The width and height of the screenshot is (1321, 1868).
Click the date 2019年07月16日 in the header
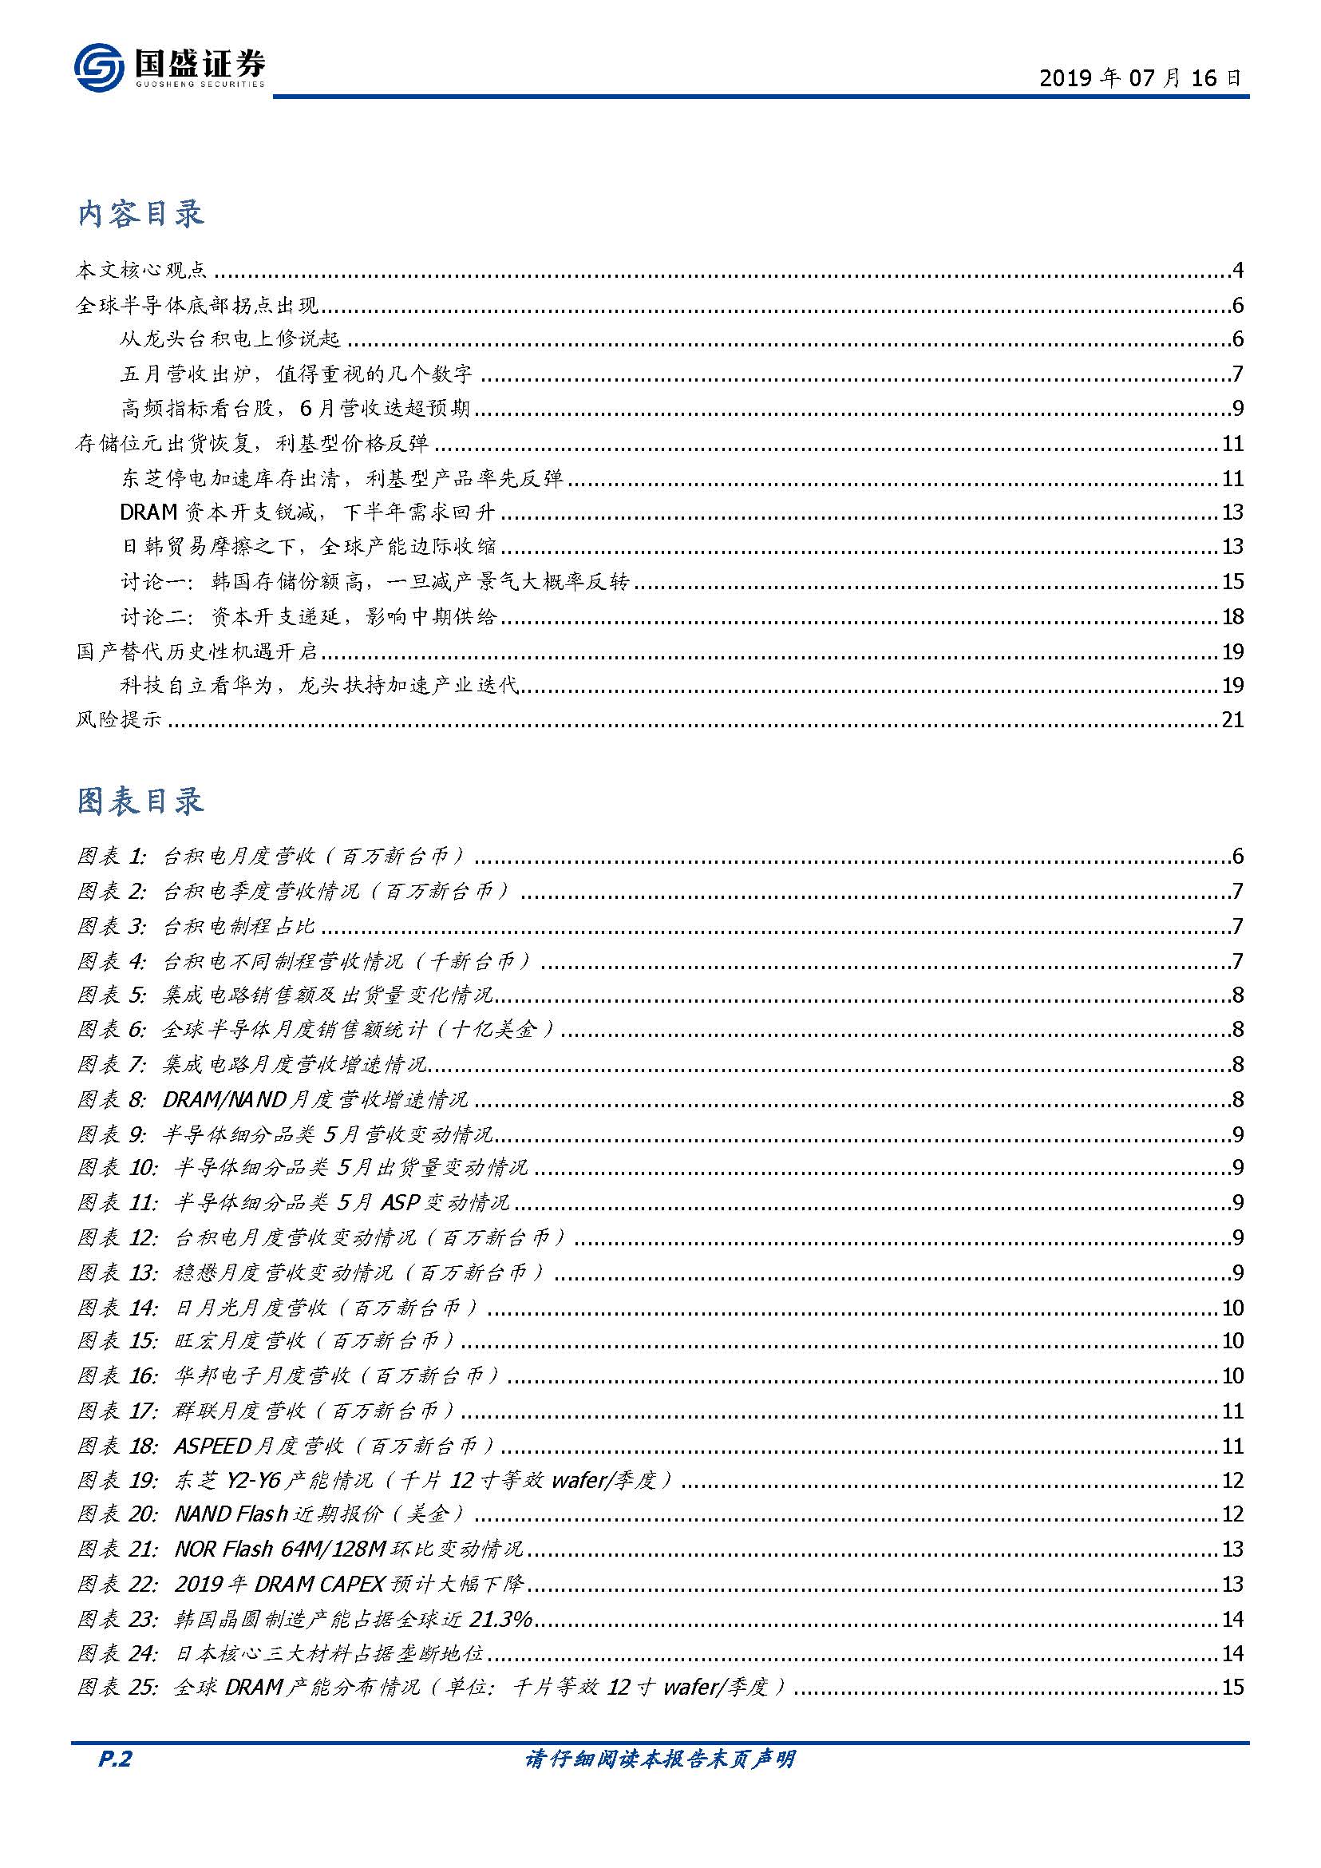1141,78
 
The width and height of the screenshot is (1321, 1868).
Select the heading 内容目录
140,214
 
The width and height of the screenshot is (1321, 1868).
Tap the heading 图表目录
140,801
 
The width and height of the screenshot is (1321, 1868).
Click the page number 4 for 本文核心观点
1237,270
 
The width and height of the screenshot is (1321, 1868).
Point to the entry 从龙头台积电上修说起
230,339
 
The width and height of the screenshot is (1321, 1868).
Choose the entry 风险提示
119,719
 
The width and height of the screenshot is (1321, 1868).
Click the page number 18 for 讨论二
1232,617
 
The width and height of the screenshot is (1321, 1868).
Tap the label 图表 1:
113,856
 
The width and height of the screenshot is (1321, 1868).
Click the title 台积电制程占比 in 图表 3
239,926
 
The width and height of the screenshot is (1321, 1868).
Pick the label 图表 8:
113,1099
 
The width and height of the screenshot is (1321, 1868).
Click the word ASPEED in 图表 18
212,1446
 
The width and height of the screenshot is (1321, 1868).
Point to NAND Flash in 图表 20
231,1514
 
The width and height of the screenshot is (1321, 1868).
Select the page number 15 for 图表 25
1232,1687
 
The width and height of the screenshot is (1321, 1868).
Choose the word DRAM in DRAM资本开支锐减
148,512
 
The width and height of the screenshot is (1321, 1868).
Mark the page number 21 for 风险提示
1232,719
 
